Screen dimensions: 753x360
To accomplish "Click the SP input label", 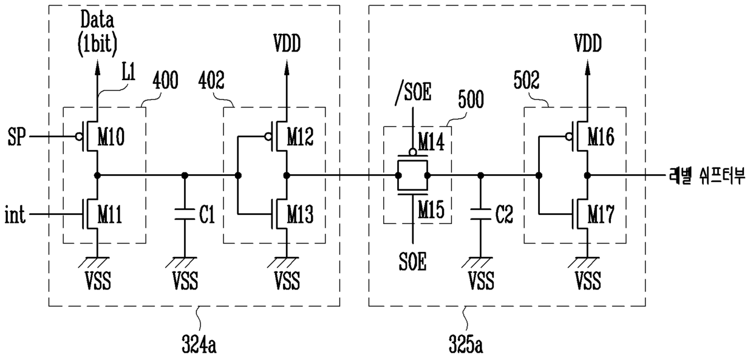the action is (17, 137).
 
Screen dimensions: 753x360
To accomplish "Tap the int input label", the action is (15, 214).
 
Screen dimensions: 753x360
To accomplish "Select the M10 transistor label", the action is (111, 137).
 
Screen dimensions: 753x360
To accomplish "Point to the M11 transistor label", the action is (110, 214).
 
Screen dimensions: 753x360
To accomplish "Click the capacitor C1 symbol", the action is (185, 214).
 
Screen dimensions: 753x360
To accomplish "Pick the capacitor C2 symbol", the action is (480, 214).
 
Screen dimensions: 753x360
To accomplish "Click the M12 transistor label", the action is (300, 137).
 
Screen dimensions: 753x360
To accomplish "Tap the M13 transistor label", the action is (300, 214).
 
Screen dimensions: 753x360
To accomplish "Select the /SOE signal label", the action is (413, 92).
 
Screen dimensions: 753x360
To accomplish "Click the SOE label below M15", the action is (413, 262).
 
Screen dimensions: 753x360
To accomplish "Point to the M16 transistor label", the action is (601, 137).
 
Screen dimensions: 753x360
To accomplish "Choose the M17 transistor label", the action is (601, 214).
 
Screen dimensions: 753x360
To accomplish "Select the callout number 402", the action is (211, 81).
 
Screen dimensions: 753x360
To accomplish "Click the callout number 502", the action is (526, 81).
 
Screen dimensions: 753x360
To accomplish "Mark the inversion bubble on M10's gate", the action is (79, 137).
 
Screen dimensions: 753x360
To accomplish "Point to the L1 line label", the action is (128, 73).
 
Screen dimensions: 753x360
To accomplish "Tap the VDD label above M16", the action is (588, 44).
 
